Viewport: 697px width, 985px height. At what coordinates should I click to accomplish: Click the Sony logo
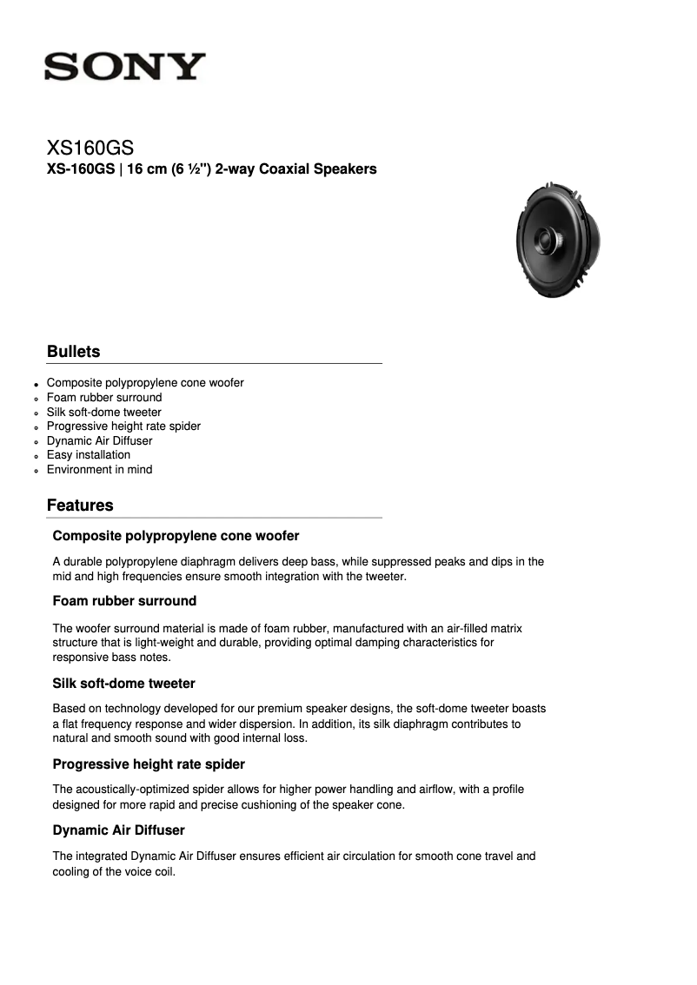pos(125,67)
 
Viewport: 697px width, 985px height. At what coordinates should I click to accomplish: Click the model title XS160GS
pos(90,148)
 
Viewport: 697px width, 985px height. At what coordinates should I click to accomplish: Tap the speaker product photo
pos(557,240)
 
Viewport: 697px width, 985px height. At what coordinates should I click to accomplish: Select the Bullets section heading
pos(73,352)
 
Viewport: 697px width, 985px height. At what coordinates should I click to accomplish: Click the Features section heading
pos(80,506)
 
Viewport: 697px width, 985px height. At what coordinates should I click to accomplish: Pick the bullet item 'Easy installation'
pos(89,455)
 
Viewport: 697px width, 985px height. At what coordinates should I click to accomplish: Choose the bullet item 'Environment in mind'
pos(99,470)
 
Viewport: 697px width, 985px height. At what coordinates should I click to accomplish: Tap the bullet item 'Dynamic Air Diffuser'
pos(99,441)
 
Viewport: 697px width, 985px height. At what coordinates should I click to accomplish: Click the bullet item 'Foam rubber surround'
pos(104,398)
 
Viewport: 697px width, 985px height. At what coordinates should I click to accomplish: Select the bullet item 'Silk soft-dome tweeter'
pos(103,413)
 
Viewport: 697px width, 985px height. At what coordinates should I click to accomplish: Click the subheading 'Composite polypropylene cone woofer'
pos(176,536)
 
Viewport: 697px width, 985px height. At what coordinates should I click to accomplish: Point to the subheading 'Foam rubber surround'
pos(124,601)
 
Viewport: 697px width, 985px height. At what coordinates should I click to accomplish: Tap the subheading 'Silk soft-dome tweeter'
pos(123,684)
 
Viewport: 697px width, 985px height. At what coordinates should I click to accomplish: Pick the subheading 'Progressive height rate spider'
pos(149,764)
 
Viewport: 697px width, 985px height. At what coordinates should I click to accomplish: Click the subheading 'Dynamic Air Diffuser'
pos(118,830)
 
